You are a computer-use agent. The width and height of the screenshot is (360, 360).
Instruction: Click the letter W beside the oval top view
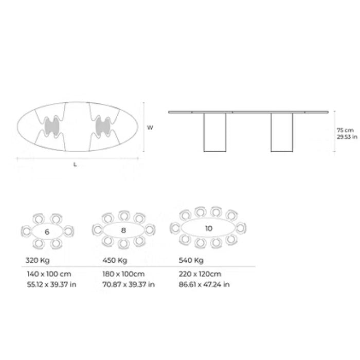pyautogui.click(x=150, y=128)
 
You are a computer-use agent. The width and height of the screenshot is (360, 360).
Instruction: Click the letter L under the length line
pyautogui.click(x=75, y=165)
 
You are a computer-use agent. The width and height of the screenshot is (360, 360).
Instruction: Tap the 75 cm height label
pyautogui.click(x=345, y=130)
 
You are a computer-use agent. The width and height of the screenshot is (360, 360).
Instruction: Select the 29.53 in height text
pyautogui.click(x=347, y=137)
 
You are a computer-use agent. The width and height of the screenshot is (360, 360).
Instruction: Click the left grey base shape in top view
pyautogui.click(x=52, y=127)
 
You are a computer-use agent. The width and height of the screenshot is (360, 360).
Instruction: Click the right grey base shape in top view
pyautogui.click(x=103, y=127)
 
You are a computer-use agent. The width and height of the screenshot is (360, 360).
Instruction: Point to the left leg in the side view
pyautogui.click(x=214, y=132)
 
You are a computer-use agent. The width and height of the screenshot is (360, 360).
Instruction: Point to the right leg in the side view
pyautogui.click(x=282, y=132)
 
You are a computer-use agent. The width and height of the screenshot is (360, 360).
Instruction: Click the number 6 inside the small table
pyautogui.click(x=47, y=232)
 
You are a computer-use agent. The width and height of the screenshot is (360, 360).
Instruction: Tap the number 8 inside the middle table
pyautogui.click(x=123, y=230)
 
